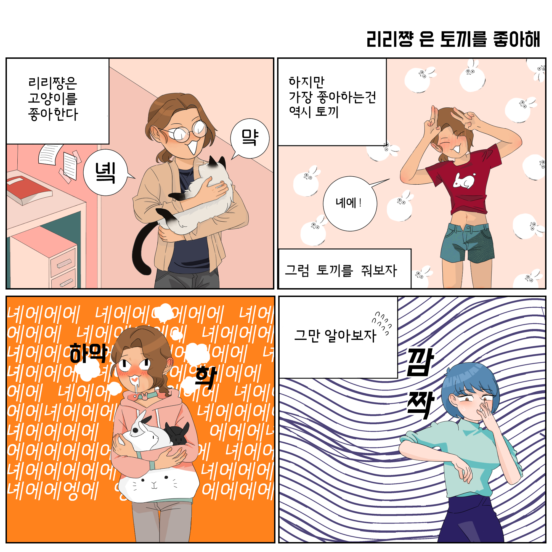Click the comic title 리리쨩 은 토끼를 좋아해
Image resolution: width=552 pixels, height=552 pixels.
coord(453,39)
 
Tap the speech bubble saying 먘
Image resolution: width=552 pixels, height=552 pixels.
coord(250,139)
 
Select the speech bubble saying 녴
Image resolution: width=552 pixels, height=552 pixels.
coord(106,173)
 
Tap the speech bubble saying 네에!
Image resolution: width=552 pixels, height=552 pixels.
coord(350,203)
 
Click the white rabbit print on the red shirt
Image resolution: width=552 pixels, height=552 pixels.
coord(464,181)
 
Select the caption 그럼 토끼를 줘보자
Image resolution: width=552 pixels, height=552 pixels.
coord(341,270)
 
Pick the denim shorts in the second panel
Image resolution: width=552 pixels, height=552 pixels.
coord(468,242)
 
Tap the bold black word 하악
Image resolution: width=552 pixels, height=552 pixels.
coord(88,353)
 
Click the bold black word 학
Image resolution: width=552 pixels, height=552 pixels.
coord(206,377)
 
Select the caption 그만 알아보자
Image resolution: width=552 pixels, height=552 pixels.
coord(335,335)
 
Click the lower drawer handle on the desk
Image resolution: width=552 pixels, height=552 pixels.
coord(66,283)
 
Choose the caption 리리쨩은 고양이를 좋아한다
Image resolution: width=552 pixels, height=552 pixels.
coord(53,99)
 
